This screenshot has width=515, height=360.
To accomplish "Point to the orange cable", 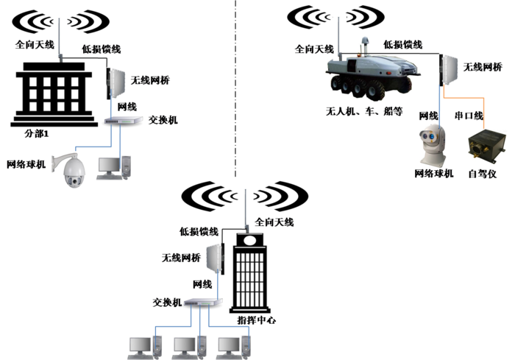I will click(x=471, y=98).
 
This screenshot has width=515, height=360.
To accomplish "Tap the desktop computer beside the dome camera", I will click(x=114, y=167).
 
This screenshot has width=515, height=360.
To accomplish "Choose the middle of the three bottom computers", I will click(x=188, y=347).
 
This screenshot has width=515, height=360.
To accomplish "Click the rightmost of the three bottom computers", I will click(x=233, y=347).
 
